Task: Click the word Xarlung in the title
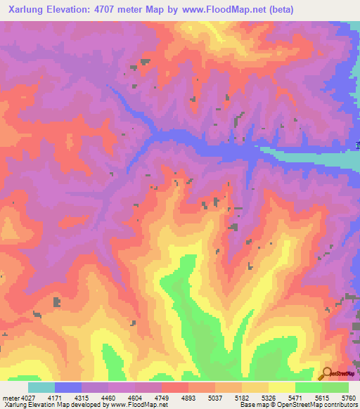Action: point(27,9)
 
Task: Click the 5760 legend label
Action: point(349,398)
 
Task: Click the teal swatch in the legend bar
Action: point(41,387)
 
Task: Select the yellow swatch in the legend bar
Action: point(282,387)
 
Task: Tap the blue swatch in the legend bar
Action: point(68,387)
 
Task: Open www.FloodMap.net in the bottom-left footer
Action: point(141,405)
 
